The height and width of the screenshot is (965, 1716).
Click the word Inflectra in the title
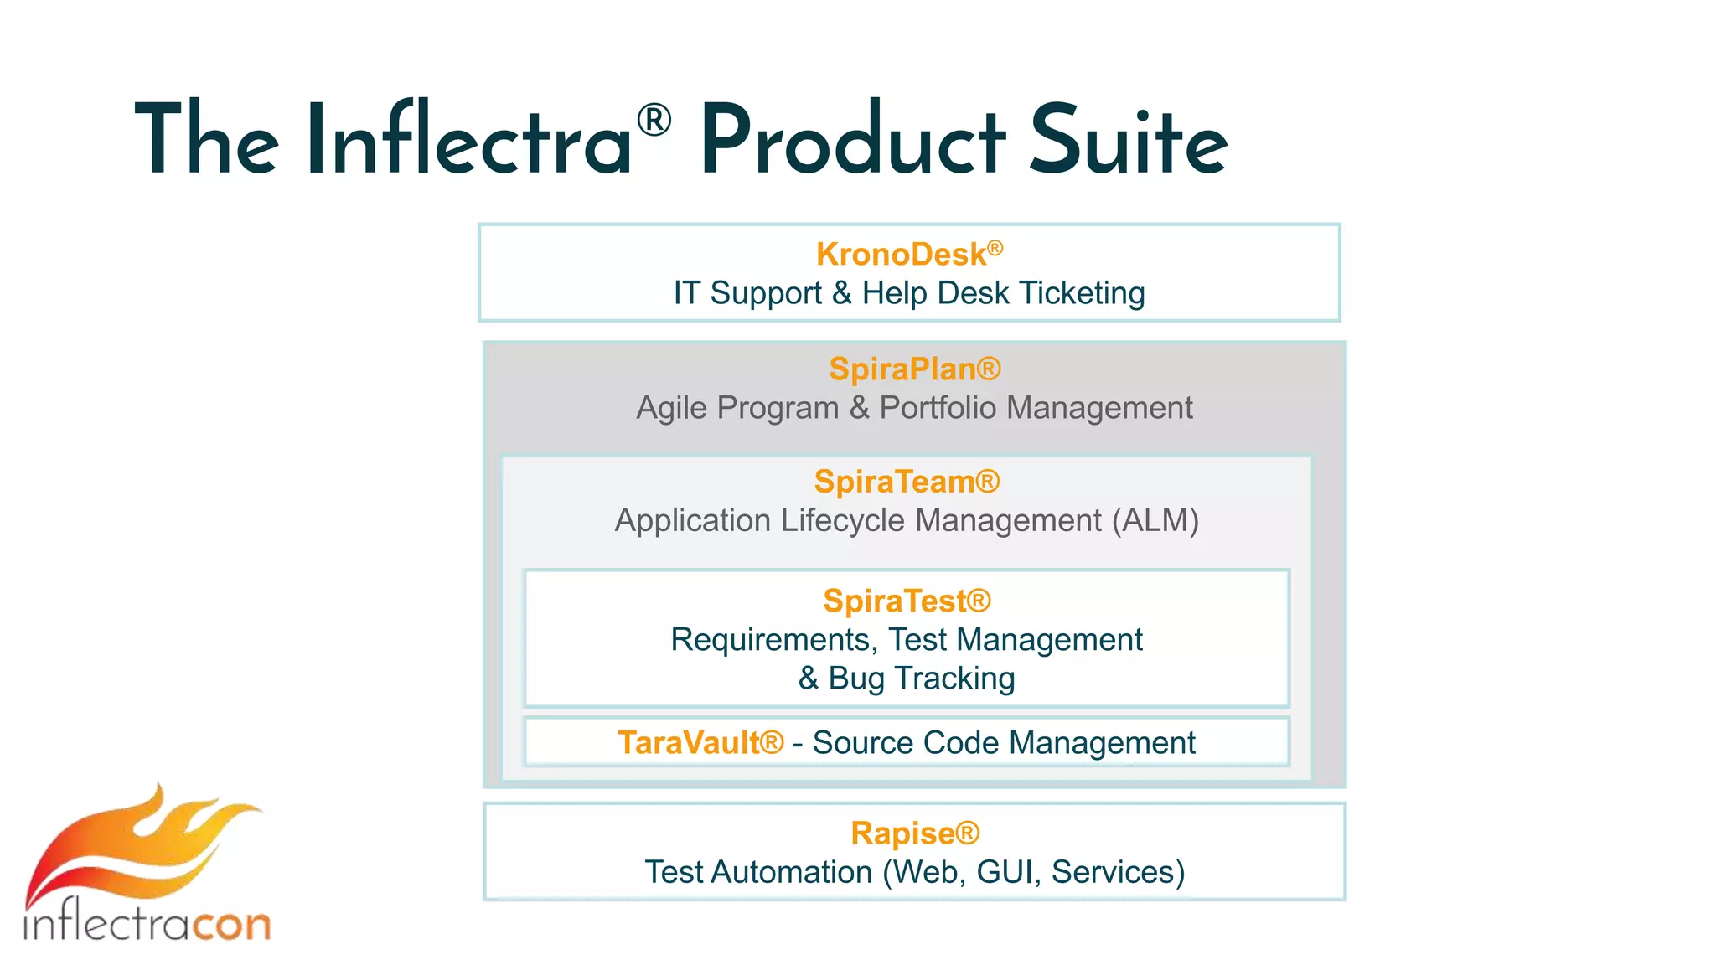pos(469,140)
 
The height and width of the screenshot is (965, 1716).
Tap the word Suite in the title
pos(1127,140)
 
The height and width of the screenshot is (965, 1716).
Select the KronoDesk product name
pos(901,255)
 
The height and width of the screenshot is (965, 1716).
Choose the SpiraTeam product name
pos(895,482)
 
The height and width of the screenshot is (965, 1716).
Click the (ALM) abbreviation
pos(1155,520)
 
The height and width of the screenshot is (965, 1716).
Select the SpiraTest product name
pos(895,601)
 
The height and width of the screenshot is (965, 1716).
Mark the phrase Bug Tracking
pos(921,678)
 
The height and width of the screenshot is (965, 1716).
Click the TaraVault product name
pos(689,743)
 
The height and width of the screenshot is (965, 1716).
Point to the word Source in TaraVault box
pos(863,743)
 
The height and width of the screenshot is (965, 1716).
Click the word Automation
pos(792,872)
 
